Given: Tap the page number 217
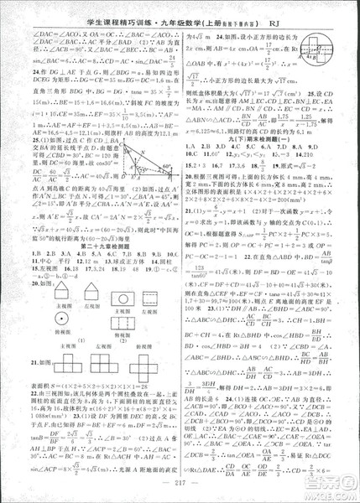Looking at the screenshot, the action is (x=180, y=490).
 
